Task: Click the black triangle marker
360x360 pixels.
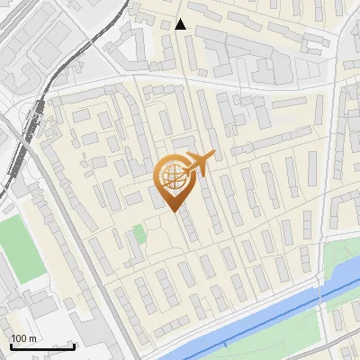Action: click(x=182, y=24)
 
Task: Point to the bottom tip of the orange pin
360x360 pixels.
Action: click(x=172, y=212)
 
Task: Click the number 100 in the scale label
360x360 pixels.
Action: click(x=19, y=338)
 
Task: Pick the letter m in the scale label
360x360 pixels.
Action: click(x=32, y=338)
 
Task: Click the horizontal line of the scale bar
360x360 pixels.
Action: click(x=41, y=346)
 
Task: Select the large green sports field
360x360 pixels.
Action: click(x=13, y=243)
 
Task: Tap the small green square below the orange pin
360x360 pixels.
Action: click(x=139, y=234)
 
